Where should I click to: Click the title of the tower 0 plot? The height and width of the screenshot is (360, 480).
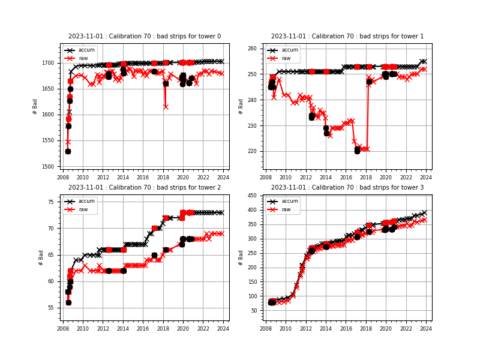point(144,37)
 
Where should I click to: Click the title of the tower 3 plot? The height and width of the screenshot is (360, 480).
point(347,187)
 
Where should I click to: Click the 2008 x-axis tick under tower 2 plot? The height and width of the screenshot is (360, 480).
point(63,328)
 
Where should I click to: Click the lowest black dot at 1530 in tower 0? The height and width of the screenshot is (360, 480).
point(68,151)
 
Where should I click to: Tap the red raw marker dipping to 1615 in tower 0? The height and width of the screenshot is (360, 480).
point(166,107)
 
